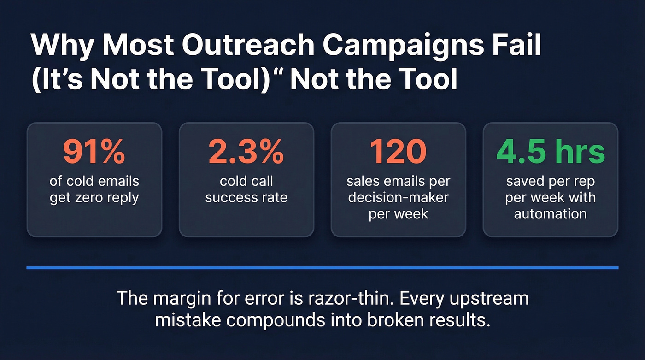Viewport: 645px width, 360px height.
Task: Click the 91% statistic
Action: coord(94,153)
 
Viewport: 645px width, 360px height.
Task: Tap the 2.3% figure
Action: coord(246,153)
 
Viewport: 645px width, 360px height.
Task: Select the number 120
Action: coord(398,153)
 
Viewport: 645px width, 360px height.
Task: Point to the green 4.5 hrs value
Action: coord(550,153)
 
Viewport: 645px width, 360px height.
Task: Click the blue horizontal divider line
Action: coord(322,267)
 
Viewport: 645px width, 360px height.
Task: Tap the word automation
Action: coord(550,214)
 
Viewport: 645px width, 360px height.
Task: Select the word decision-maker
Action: coord(398,198)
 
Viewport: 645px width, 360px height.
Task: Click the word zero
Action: coord(98,198)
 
